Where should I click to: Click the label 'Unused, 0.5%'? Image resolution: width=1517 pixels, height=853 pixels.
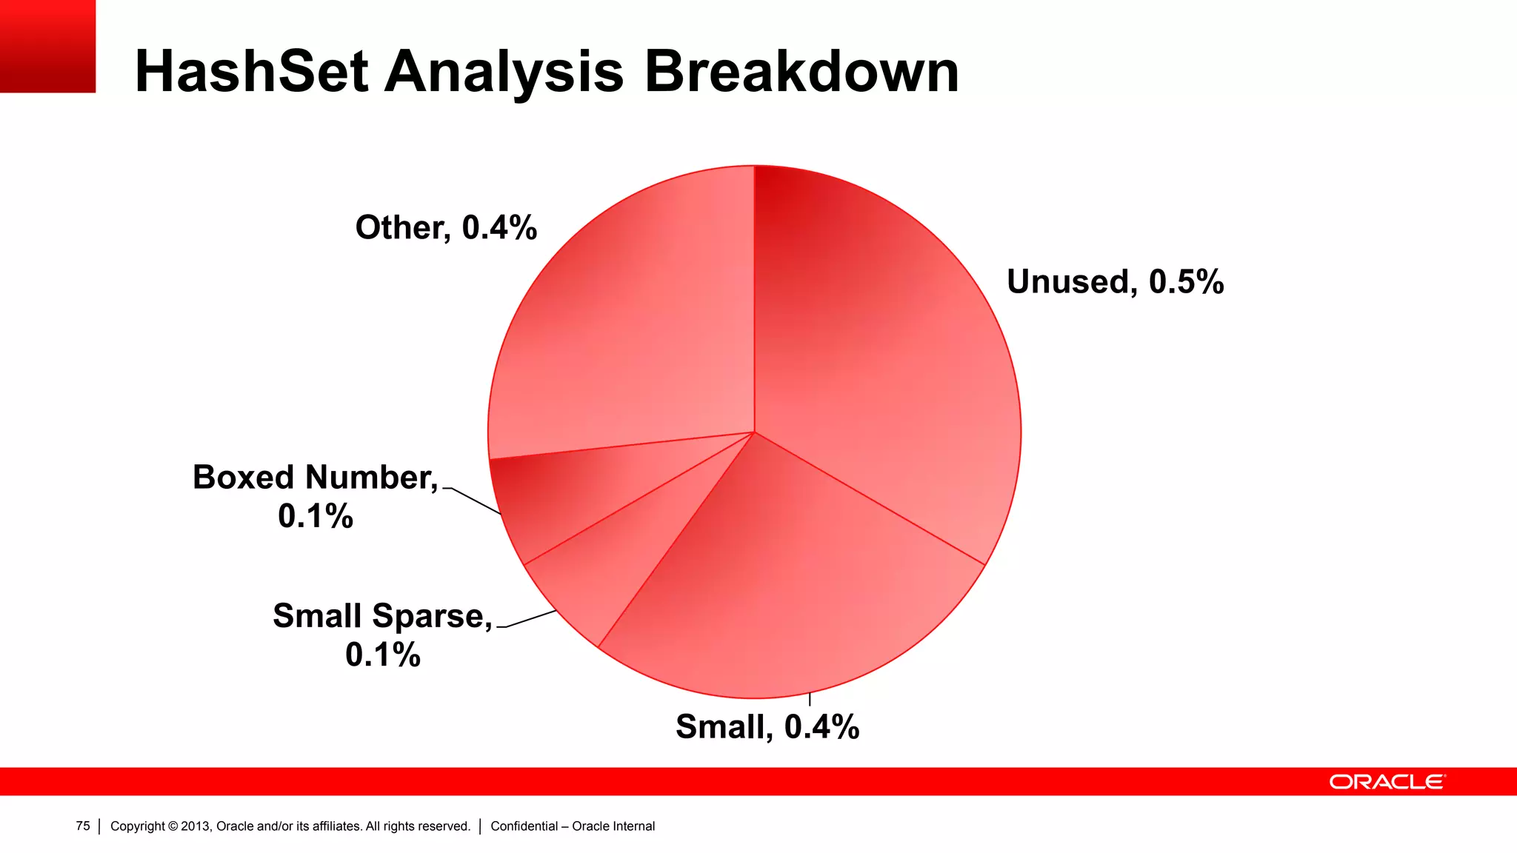point(1115,282)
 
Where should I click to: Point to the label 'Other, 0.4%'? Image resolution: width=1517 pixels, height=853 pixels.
point(446,227)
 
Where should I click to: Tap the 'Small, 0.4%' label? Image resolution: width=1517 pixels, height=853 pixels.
point(767,727)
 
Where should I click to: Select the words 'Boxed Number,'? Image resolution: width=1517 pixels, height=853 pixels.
point(316,478)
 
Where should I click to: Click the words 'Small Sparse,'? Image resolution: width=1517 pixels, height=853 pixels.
point(382,616)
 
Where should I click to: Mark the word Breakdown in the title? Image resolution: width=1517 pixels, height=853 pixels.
point(801,72)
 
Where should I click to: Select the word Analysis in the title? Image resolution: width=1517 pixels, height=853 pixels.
point(504,72)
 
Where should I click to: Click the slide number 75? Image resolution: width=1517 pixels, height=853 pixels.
point(83,826)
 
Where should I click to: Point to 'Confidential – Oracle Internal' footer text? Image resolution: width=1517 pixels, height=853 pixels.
point(573,826)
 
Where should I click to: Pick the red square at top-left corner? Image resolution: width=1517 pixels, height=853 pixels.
point(47,46)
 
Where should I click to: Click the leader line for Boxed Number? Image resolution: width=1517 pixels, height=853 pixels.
point(474,501)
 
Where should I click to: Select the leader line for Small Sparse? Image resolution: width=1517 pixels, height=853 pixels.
point(530,619)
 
